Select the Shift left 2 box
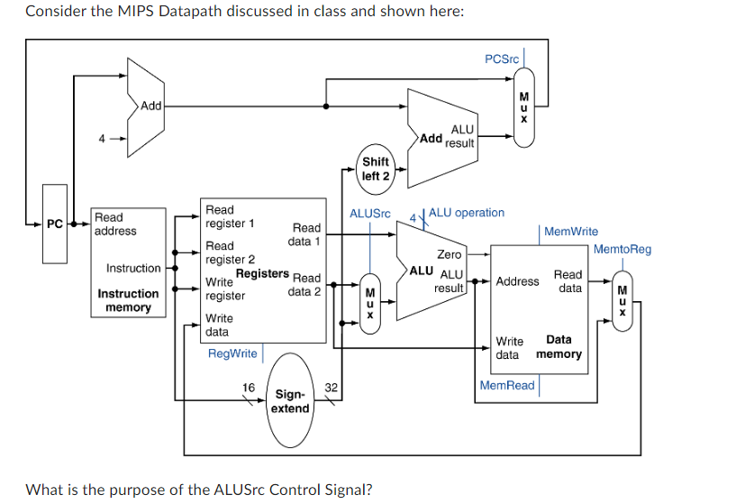click(x=376, y=169)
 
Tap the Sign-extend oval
click(x=290, y=401)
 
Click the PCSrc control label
click(x=502, y=59)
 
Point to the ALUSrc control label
click(x=369, y=214)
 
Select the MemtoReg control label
click(x=622, y=249)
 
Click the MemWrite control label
click(x=571, y=232)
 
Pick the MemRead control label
click(x=507, y=385)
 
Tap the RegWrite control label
click(x=232, y=353)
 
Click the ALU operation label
click(x=467, y=213)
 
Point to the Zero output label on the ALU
click(x=449, y=255)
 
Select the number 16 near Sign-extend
click(x=249, y=387)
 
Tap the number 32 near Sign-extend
click(x=331, y=387)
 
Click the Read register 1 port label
click(x=230, y=216)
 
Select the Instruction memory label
click(x=128, y=300)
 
